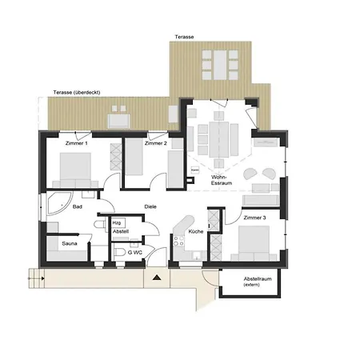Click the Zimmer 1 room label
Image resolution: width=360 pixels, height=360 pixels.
pos(77,143)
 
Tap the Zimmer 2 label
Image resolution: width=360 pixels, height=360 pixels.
pos(156,143)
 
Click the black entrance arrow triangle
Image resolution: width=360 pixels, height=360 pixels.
pos(157,277)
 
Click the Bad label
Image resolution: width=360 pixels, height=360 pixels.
pos(77,206)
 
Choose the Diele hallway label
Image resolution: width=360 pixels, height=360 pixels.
pos(150,206)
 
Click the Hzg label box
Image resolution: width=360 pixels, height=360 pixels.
pos(117,223)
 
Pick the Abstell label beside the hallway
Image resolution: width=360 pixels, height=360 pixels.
pos(120,232)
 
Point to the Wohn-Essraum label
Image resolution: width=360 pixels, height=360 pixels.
pos(220,180)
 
